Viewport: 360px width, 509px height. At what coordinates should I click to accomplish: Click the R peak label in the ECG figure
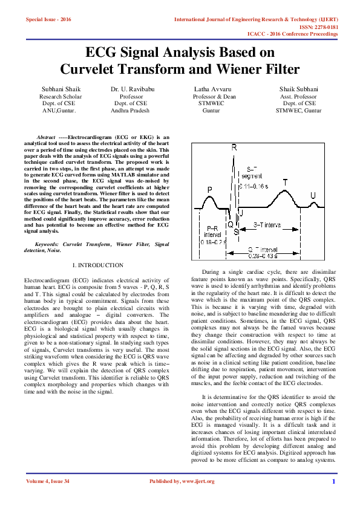[x=234, y=148]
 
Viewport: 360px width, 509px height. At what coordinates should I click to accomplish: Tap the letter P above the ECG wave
[x=210, y=190]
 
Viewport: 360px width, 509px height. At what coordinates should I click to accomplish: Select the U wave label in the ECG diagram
[x=313, y=195]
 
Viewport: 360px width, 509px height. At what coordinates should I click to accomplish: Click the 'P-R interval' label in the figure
[x=212, y=235]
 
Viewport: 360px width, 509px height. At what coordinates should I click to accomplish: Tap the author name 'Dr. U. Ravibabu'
[x=131, y=89]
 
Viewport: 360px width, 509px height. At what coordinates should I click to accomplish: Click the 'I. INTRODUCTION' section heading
[x=97, y=265]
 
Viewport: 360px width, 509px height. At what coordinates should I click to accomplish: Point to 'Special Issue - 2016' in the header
[x=48, y=20]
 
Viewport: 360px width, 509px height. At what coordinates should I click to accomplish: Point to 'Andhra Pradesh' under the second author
[x=131, y=111]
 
